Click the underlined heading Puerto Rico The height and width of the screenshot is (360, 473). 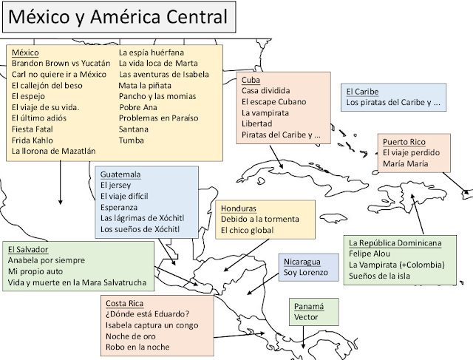(x=404, y=140)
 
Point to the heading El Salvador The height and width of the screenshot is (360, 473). (x=28, y=249)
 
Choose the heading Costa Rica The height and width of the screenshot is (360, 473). (x=124, y=304)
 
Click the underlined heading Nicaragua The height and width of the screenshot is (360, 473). (x=302, y=262)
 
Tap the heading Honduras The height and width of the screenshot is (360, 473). (x=239, y=208)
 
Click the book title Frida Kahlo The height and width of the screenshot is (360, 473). (x=33, y=139)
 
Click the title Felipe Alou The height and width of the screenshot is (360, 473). (x=370, y=254)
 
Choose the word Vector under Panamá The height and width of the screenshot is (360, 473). (x=306, y=317)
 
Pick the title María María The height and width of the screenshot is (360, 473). (x=405, y=163)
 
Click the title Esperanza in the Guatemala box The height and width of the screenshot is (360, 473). (x=118, y=208)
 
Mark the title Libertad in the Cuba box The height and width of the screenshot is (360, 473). (x=257, y=123)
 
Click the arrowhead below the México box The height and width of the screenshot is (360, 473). (x=60, y=200)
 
